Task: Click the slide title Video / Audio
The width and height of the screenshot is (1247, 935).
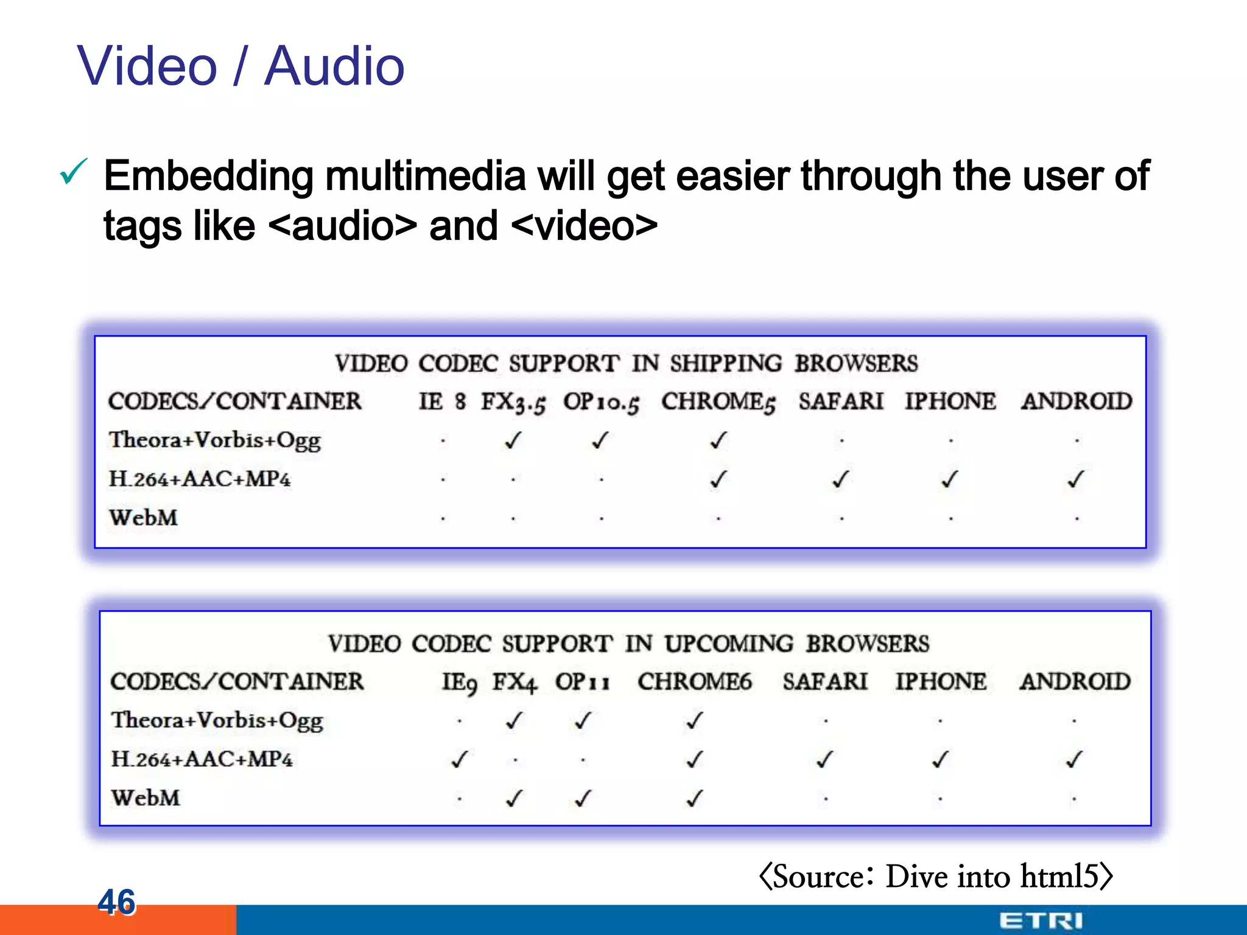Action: (241, 66)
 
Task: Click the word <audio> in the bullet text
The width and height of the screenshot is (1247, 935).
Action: (342, 226)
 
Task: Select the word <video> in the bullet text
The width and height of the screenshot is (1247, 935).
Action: (585, 226)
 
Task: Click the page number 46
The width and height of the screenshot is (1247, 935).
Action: (116, 902)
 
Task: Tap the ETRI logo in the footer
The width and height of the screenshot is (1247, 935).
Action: (1041, 920)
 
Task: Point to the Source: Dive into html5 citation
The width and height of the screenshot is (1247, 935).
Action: (936, 877)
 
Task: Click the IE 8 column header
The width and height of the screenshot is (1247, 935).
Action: (442, 401)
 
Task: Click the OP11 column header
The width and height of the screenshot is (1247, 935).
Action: (582, 682)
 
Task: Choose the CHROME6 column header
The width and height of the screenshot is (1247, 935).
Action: (695, 682)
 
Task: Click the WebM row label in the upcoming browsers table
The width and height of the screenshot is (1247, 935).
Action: (146, 798)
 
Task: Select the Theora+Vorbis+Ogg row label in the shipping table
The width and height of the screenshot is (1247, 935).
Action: (214, 440)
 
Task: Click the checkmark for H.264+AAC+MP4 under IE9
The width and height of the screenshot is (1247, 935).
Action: (459, 759)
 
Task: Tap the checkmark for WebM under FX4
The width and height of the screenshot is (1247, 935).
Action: (515, 798)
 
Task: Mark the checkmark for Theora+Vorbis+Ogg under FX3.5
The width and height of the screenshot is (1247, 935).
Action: (513, 440)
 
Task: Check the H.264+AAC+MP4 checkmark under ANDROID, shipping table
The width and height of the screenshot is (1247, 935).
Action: (1076, 480)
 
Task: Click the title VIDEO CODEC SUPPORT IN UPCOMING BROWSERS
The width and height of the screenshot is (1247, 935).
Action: (628, 644)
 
